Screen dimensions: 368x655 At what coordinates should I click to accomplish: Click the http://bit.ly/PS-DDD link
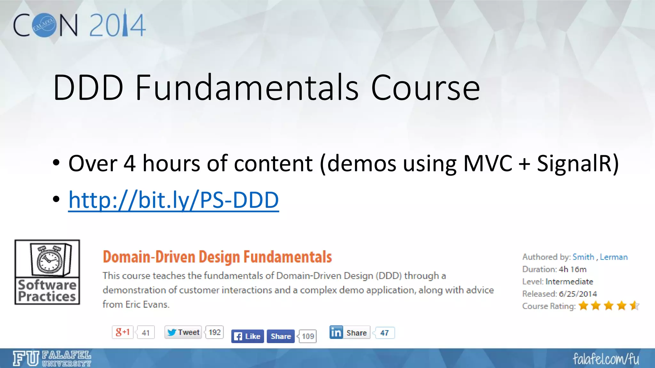coord(173,200)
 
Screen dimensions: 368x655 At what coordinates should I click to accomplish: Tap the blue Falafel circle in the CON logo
coord(44,25)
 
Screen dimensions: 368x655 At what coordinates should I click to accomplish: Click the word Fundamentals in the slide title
coord(247,88)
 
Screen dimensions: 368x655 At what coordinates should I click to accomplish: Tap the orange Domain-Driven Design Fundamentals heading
coord(217,257)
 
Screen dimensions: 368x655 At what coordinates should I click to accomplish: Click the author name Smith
coord(583,257)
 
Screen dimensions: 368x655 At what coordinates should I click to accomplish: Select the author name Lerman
coord(613,257)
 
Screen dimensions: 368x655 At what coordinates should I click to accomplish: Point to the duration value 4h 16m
coord(572,269)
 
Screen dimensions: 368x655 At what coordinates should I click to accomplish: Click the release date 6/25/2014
coord(578,294)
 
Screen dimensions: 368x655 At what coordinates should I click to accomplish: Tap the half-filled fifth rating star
coord(634,306)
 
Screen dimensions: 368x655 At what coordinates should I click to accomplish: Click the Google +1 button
coord(123,332)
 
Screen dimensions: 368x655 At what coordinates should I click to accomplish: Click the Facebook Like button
coord(248,336)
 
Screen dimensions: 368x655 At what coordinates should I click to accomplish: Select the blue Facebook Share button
coord(280,336)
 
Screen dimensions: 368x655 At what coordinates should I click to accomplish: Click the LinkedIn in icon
coord(336,332)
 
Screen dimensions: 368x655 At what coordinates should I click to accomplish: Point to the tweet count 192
coord(215,332)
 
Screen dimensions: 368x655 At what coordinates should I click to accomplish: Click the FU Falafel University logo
coord(52,358)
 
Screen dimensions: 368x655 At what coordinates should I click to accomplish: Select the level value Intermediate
coord(569,281)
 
